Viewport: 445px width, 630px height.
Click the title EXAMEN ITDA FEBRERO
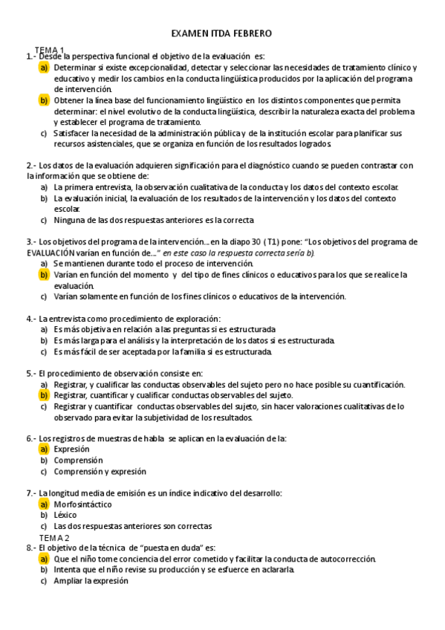[221, 33]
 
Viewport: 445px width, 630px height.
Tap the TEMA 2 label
[54, 537]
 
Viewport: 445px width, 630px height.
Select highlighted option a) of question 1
[44, 67]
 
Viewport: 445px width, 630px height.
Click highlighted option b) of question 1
[44, 100]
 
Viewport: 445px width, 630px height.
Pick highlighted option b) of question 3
[44, 274]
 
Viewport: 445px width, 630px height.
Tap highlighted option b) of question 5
[44, 395]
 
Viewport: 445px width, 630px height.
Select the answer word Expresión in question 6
[71, 449]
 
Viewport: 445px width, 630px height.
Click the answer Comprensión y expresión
[100, 471]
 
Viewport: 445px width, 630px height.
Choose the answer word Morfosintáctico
[82, 504]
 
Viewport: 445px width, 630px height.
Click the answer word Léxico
[65, 515]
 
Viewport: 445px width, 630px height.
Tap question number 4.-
[31, 318]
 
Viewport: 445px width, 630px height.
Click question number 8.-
[31, 548]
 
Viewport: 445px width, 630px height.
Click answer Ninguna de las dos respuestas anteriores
[153, 220]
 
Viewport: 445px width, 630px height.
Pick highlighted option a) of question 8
[44, 559]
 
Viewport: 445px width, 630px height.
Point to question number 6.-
[31, 438]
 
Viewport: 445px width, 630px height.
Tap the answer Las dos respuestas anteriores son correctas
[132, 526]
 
